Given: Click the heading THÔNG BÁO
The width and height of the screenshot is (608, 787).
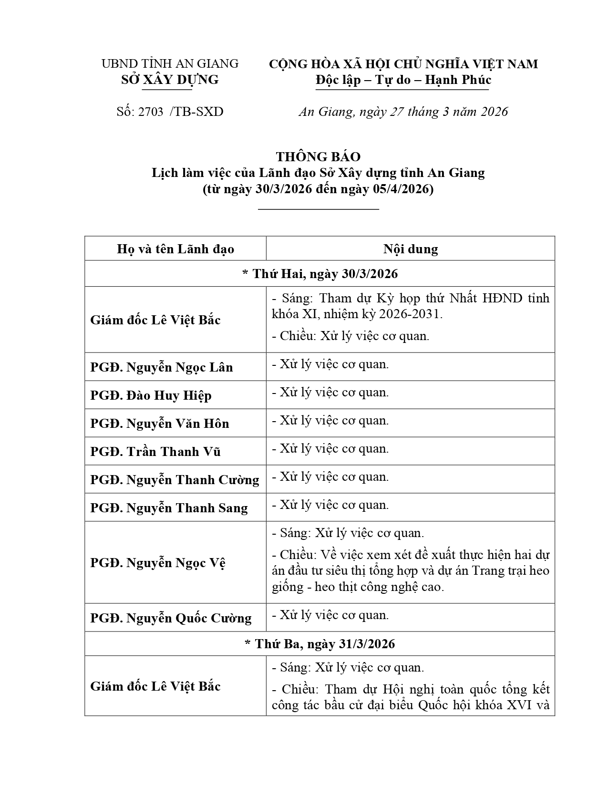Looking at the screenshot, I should tap(318, 156).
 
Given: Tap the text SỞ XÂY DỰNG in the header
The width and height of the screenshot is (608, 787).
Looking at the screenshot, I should tap(170, 80).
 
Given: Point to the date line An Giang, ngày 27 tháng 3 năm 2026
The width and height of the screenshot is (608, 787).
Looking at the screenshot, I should tap(403, 112).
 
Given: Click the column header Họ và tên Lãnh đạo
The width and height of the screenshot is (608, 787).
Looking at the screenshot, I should tap(175, 249).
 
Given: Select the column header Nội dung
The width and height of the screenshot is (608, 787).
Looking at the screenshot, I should tap(411, 249).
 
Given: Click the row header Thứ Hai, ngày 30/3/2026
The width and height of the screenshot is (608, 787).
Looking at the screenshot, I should tap(320, 274).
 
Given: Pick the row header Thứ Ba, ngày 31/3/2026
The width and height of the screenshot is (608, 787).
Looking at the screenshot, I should tap(320, 644).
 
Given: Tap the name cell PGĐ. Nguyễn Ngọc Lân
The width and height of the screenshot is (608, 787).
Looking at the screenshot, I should tap(162, 367).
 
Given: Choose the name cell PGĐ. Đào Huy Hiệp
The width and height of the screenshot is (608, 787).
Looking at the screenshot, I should tap(151, 395).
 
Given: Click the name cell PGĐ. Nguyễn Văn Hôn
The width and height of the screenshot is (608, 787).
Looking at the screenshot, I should tap(160, 424).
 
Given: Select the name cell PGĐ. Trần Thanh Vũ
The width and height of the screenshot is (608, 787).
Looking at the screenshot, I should tap(155, 452).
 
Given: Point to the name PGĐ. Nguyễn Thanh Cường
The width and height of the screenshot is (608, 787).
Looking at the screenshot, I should tap(175, 480).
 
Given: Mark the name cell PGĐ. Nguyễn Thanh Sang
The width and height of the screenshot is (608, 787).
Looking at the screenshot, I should tap(169, 508).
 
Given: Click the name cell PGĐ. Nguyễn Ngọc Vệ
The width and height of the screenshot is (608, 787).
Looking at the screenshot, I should tap(158, 563).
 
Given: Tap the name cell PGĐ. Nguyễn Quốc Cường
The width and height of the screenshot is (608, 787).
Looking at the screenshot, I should tap(171, 618).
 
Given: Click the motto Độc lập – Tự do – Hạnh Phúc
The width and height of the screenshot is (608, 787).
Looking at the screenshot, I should tap(403, 80).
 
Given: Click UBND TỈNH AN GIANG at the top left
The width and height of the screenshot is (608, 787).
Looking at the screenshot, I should tap(170, 63).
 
